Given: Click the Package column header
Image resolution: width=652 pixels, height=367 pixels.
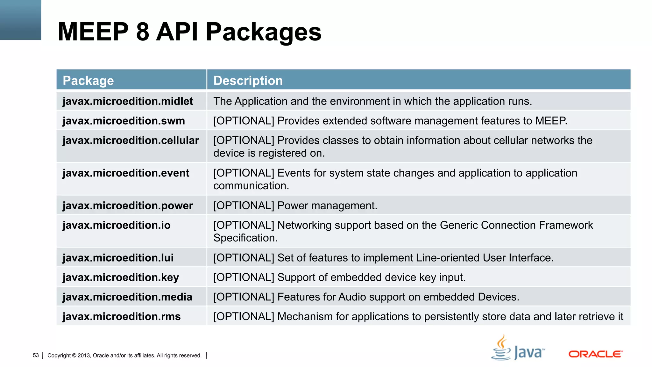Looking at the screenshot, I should [88, 81].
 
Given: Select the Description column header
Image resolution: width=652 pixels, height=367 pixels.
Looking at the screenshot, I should [248, 81].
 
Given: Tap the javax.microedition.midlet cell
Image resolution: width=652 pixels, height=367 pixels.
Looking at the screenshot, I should [128, 101].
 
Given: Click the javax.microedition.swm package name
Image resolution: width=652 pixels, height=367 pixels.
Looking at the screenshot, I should [124, 121].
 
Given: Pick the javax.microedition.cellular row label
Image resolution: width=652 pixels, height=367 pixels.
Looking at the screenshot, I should [131, 140].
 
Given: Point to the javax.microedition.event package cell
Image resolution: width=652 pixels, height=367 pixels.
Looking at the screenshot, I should [126, 173].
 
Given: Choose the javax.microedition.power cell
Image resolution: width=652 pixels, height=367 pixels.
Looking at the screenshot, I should [128, 205].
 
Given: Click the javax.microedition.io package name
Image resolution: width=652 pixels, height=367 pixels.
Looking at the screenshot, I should [117, 225].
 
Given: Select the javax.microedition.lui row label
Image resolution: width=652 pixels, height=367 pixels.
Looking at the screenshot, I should [118, 258].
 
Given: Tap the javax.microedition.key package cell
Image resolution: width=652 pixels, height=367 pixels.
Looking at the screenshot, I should [121, 277].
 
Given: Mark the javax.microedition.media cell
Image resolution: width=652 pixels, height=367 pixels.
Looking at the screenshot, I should [127, 297].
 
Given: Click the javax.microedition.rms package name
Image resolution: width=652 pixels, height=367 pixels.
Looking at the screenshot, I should [122, 317].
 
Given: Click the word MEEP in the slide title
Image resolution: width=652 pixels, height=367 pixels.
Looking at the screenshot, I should [93, 32].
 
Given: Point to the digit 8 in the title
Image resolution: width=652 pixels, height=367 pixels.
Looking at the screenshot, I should [142, 32].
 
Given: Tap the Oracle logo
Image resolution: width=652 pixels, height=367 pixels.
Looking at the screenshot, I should [595, 354].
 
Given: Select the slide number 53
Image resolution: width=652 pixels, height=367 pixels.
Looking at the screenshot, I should [36, 355].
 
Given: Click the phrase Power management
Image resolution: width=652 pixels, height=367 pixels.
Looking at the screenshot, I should [327, 205].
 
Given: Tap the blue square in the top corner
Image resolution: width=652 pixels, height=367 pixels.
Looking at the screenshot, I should [20, 20].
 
